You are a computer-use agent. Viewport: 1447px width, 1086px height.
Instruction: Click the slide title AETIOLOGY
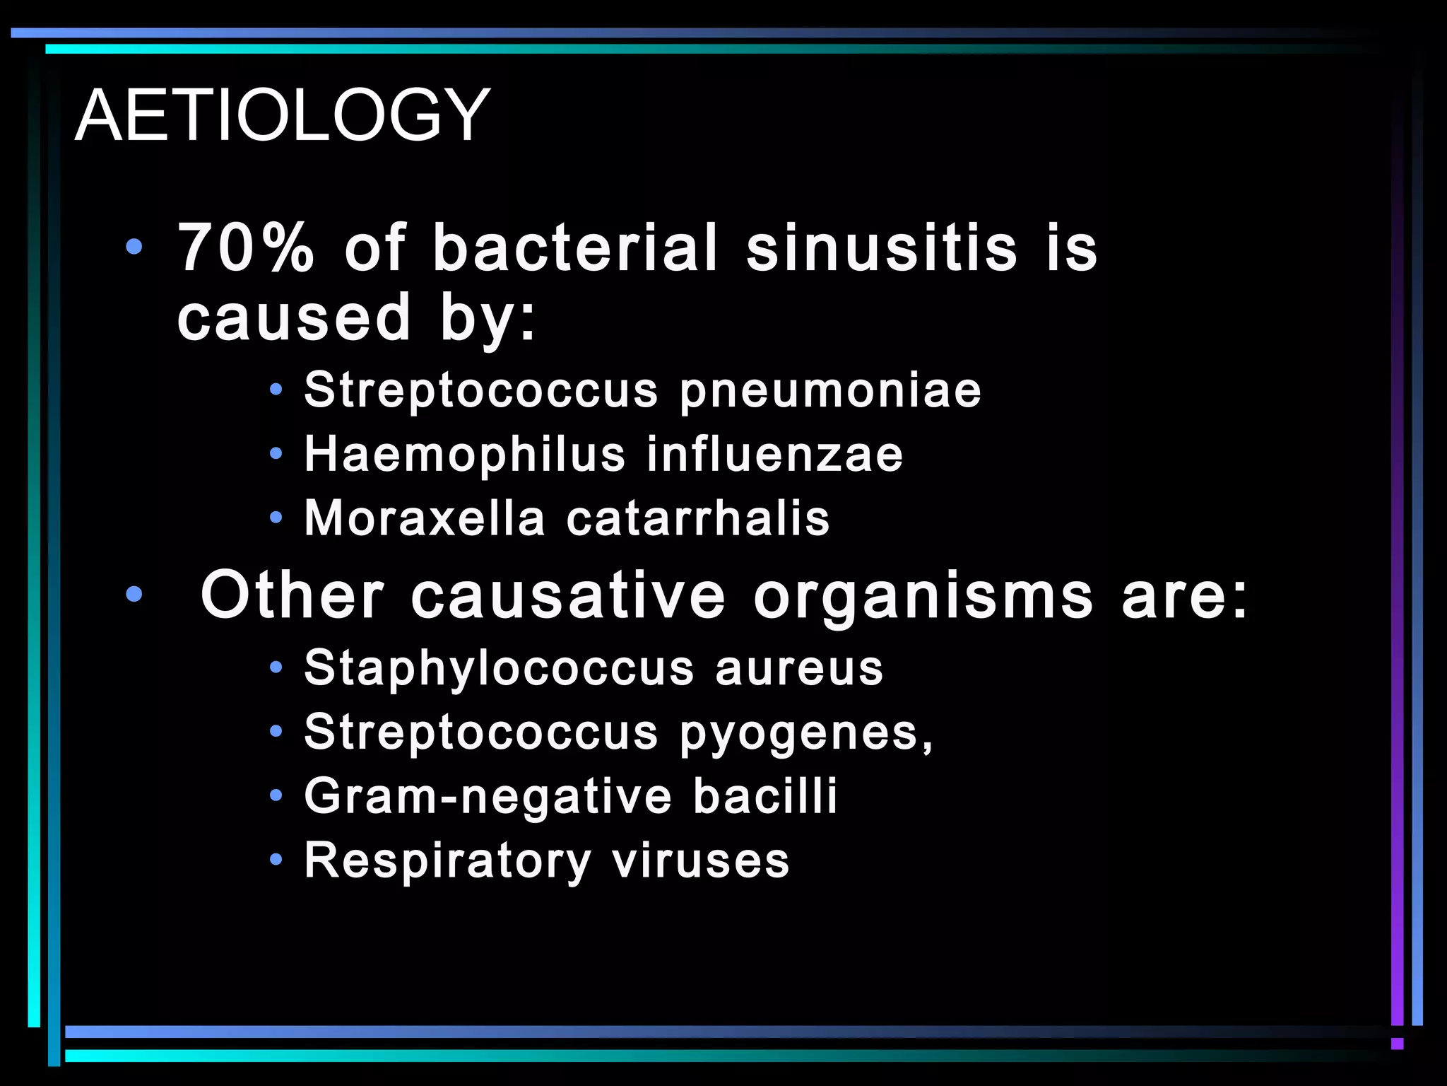[x=282, y=115]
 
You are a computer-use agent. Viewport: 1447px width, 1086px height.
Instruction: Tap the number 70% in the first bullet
[x=246, y=247]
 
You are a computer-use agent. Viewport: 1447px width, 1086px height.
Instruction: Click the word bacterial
[x=575, y=247]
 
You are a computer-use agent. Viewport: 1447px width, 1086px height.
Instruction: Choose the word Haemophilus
[x=465, y=454]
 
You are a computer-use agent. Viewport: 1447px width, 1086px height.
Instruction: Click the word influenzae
[x=774, y=454]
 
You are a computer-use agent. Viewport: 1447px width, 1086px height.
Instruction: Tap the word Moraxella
[x=425, y=518]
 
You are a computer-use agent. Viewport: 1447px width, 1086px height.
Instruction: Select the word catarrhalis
[x=698, y=518]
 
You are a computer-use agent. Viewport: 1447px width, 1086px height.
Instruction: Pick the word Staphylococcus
[x=499, y=669]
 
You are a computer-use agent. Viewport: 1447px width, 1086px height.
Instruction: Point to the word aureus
[x=799, y=669]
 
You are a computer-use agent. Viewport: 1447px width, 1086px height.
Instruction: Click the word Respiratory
[x=447, y=861]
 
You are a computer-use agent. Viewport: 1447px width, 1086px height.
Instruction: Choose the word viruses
[x=700, y=861]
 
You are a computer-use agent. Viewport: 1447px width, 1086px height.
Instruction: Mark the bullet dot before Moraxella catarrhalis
[x=276, y=518]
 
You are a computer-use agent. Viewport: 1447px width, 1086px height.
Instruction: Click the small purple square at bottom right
[x=1397, y=1044]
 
